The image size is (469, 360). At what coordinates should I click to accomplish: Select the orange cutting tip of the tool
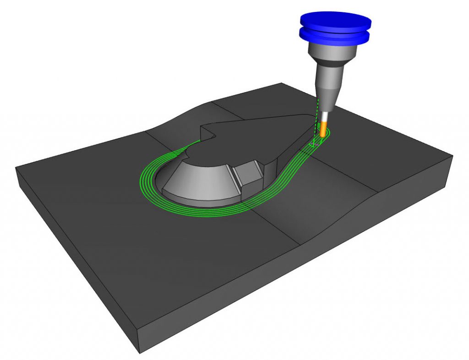pyautogui.click(x=324, y=129)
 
